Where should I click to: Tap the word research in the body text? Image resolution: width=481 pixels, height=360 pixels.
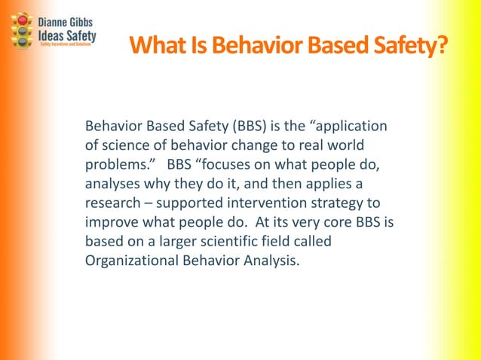click(114, 203)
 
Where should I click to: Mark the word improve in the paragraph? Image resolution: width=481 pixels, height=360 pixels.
click(112, 223)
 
